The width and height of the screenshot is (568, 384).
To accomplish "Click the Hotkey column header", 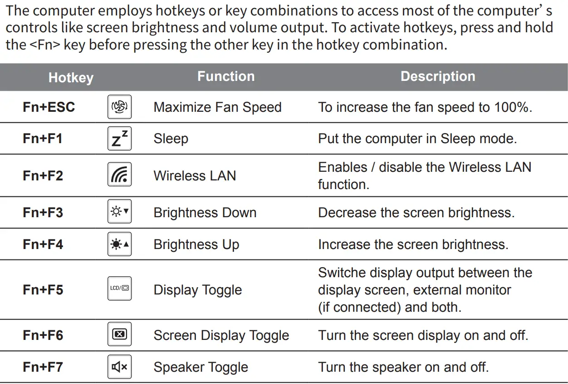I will [x=71, y=78].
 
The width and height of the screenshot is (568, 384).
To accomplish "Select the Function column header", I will [x=225, y=76].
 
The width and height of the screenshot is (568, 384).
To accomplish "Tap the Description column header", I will [x=437, y=76].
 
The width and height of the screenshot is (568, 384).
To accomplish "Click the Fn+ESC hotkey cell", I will [x=49, y=107].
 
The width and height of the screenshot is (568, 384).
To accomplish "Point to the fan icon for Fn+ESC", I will [x=120, y=107].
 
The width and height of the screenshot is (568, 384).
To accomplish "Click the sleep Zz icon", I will [x=120, y=139].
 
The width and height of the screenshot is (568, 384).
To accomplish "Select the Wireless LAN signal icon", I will [x=120, y=175].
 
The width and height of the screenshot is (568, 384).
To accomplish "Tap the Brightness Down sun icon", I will [x=120, y=213].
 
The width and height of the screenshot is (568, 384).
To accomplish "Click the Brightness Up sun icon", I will [x=120, y=244].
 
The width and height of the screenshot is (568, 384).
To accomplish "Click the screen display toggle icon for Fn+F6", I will [x=120, y=335].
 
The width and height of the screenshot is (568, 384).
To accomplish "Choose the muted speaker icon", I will [x=120, y=367].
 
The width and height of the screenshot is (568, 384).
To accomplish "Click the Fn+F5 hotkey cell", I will [x=43, y=289].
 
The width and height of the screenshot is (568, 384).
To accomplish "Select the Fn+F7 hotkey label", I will [x=43, y=367].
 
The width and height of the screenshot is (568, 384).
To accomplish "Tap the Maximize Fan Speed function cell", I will [x=217, y=107].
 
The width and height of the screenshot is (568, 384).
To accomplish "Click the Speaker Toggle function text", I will [x=201, y=367].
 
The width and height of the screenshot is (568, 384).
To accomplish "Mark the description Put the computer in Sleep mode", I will [x=417, y=139].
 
